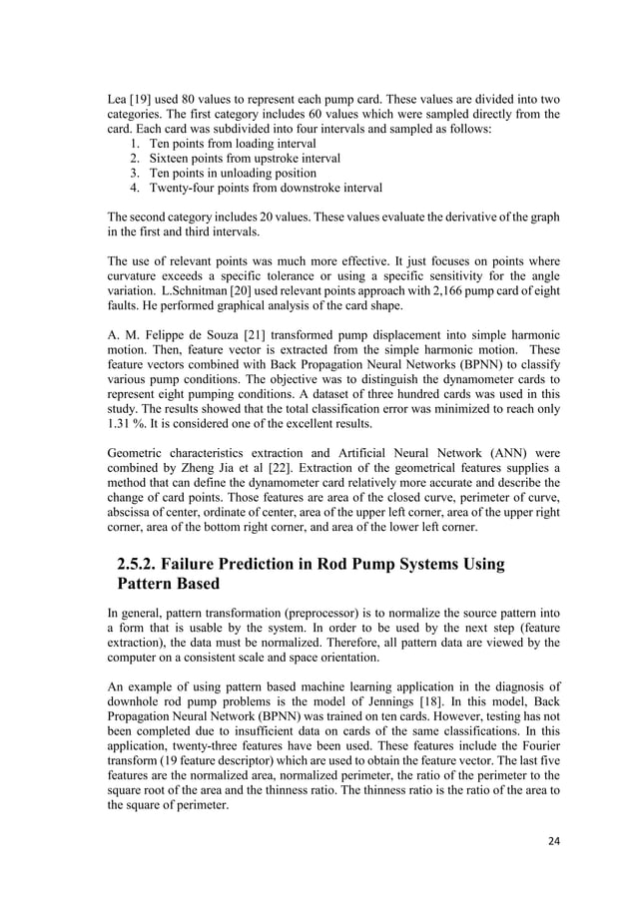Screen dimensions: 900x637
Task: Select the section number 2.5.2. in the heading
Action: tap(148, 565)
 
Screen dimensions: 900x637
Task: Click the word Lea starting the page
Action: tap(118, 99)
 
